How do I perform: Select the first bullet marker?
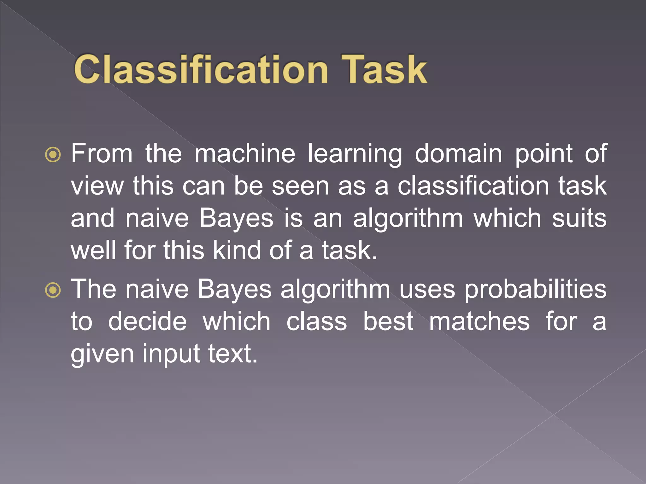53,154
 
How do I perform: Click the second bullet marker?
53,290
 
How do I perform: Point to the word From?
102,153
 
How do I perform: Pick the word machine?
245,153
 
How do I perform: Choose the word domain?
458,153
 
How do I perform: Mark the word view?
97,186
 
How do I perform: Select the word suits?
579,218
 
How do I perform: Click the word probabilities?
535,289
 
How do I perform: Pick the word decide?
147,321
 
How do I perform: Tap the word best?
388,321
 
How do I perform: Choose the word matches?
479,321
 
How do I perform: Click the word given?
102,354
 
